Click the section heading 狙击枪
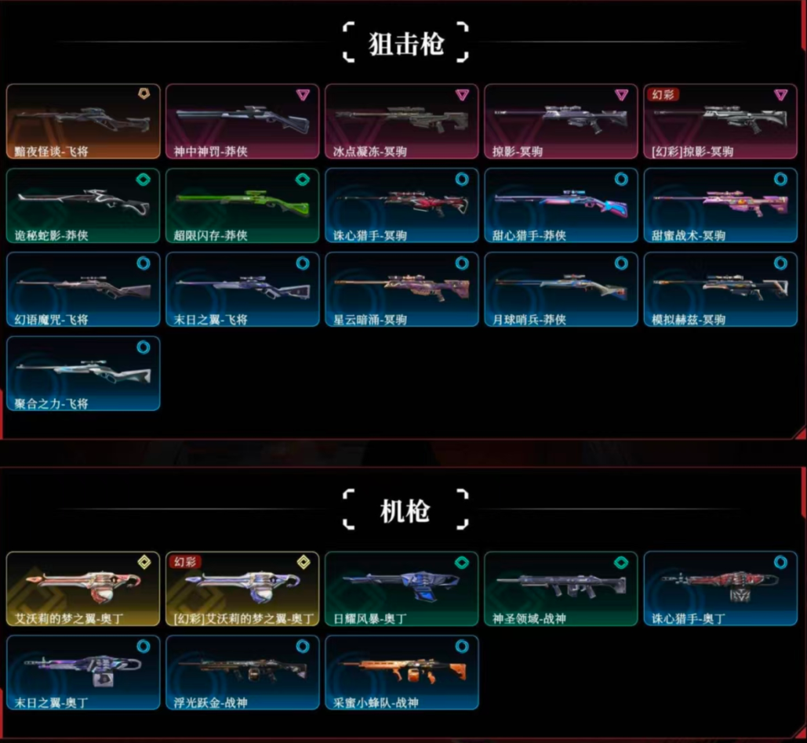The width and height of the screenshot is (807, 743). pos(405,44)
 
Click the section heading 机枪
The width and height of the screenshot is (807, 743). pos(405,511)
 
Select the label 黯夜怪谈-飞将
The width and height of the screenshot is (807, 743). pos(51,151)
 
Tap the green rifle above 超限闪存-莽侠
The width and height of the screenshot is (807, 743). pos(242,201)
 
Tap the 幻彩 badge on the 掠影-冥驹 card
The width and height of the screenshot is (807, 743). pos(663,94)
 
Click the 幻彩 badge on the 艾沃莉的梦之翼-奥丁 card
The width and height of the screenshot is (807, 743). pos(185,561)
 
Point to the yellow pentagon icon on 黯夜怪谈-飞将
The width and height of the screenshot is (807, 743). pos(144,95)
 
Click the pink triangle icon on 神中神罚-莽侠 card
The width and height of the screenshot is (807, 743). pos(303,95)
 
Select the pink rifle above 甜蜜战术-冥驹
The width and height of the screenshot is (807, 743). pos(720,201)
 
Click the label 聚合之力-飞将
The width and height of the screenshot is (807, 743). pos(51,404)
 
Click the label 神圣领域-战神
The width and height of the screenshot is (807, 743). pos(529,618)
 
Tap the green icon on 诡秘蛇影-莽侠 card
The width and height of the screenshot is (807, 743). pos(144,179)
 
